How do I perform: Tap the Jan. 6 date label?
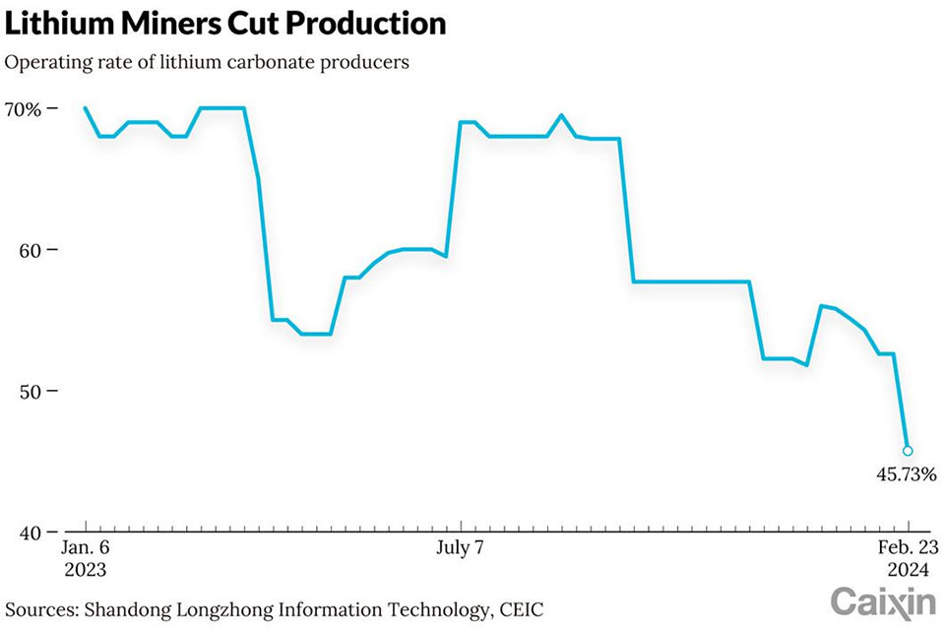click(x=85, y=548)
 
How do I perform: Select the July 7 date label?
click(x=460, y=548)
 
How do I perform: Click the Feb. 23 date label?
click(x=907, y=548)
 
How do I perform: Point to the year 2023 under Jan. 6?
click(x=85, y=570)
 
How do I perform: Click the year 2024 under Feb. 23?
click(x=907, y=570)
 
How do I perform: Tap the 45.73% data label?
click(x=907, y=473)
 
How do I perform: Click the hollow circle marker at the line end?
click(x=908, y=451)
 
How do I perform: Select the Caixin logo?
click(x=883, y=600)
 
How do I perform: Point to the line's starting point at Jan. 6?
click(x=86, y=108)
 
